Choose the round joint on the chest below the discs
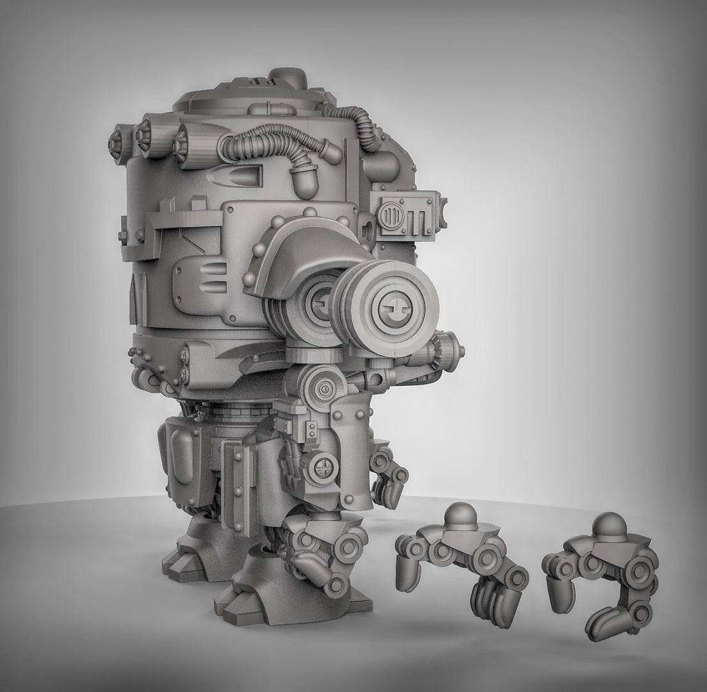point(325,388)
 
